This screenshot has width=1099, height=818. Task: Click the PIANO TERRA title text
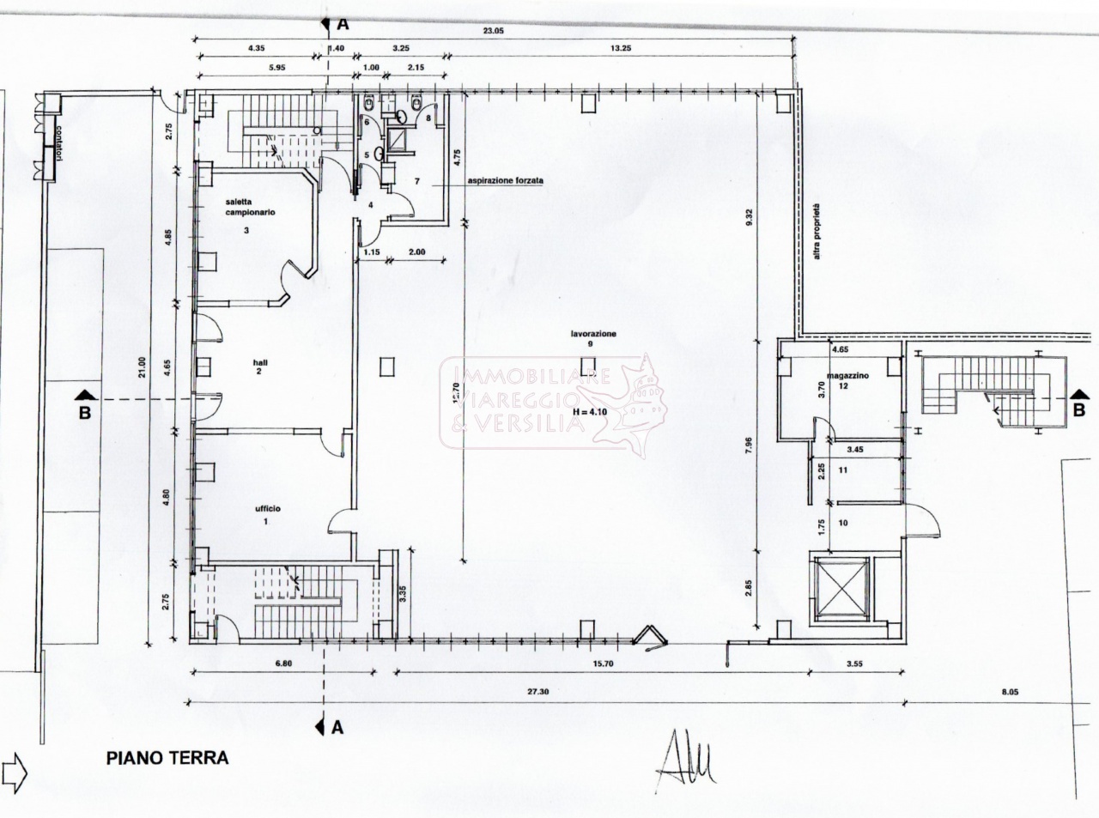167,758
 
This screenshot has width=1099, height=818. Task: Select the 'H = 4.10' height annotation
589,412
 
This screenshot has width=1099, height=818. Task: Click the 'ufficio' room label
266,509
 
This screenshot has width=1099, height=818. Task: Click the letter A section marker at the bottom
337,727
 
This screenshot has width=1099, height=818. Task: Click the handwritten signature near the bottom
686,760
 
